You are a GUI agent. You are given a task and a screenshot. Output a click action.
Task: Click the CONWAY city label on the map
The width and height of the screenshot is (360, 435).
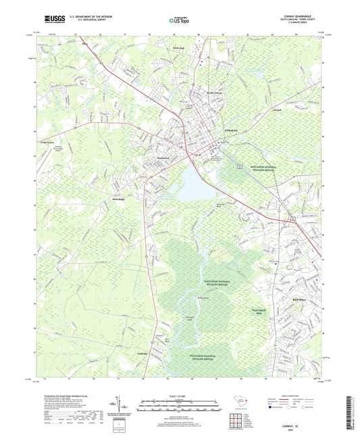point(232,129)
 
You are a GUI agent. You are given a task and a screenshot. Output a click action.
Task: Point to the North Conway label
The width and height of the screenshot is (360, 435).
point(214,93)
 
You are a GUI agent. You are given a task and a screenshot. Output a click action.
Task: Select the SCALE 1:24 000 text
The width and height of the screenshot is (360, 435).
point(179,395)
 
